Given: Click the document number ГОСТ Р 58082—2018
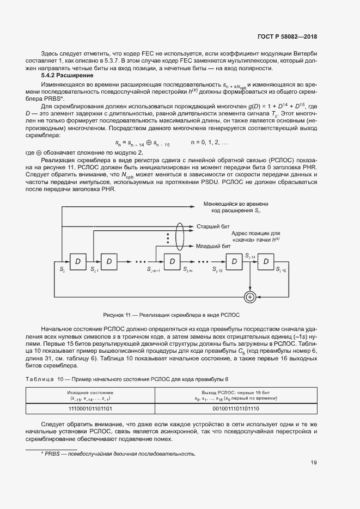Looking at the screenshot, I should click(286, 37).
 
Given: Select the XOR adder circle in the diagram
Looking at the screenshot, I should click(250, 296).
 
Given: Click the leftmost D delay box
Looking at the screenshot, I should click(78, 262).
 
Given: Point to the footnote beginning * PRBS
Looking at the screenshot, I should click(118, 453).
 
